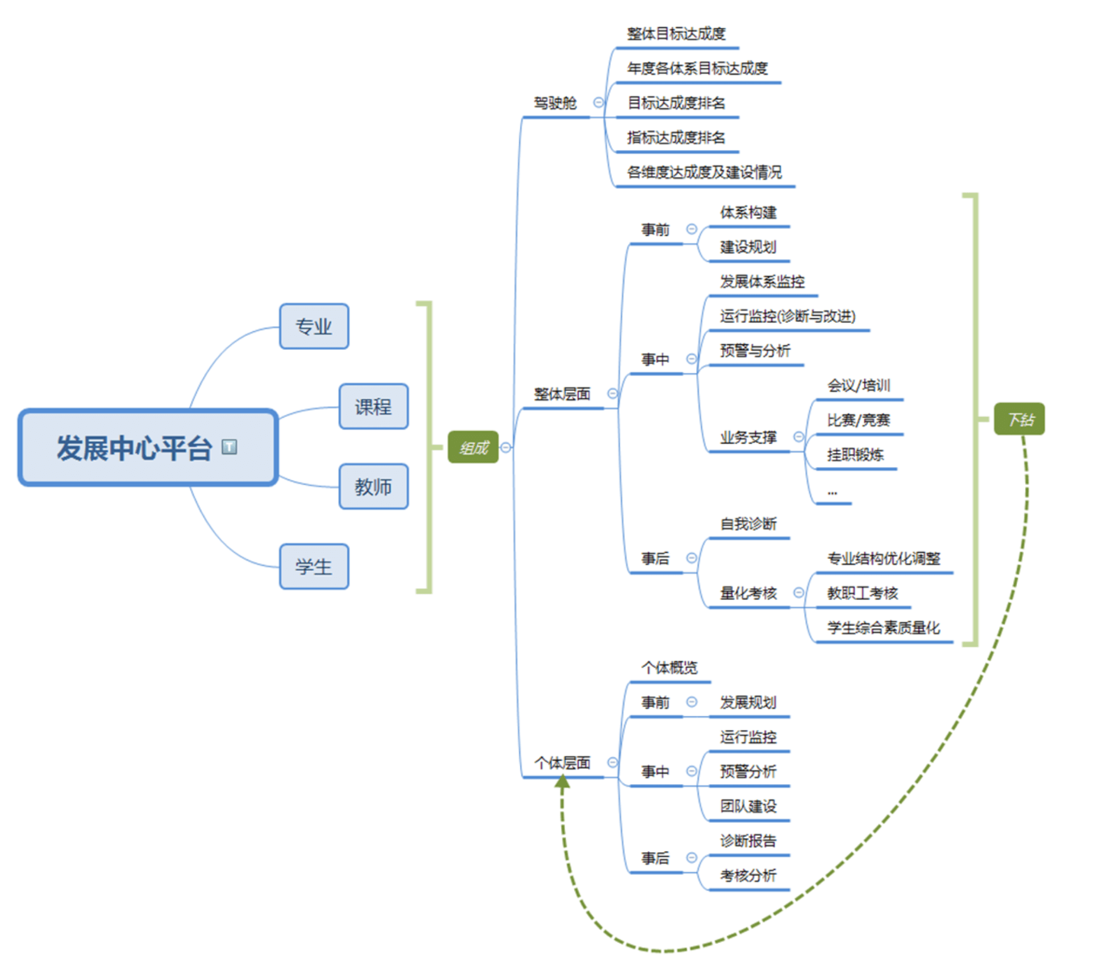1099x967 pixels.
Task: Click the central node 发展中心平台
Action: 134,448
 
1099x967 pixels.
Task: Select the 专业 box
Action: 314,327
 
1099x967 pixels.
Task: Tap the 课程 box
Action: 373,407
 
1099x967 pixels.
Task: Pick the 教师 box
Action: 373,487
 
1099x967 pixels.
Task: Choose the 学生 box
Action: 314,567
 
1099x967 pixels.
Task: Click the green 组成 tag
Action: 473,448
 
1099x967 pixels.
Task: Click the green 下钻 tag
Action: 1019,419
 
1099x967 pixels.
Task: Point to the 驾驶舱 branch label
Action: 555,103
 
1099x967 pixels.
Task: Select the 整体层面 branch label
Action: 561,394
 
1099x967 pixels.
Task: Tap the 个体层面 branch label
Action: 561,763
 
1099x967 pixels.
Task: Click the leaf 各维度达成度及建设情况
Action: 704,172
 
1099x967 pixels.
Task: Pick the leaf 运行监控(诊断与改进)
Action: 788,316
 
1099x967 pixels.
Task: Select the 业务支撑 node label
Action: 748,437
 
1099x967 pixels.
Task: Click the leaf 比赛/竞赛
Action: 858,420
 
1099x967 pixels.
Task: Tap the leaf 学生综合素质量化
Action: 883,628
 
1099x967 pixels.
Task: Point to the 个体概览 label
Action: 669,668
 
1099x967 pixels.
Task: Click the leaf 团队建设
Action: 748,806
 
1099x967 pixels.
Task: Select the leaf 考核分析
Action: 748,876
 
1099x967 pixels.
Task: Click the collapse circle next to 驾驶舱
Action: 598,103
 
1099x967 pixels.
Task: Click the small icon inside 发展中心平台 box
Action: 229,447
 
